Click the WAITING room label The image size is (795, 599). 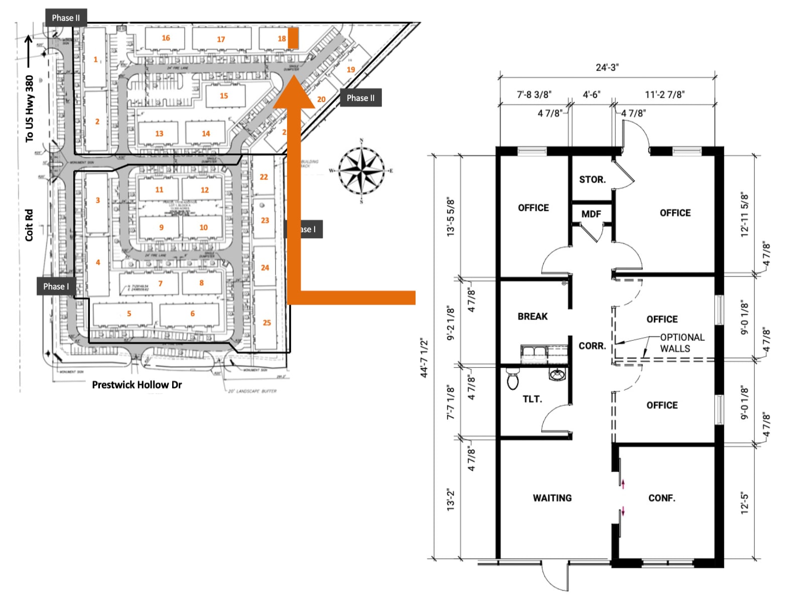click(552, 498)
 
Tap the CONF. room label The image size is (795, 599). click(661, 498)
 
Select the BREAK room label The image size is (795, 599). click(533, 316)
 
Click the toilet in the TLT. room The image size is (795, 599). click(512, 380)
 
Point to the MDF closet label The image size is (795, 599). click(591, 214)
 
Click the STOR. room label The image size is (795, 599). click(592, 179)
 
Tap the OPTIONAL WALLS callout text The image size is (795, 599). click(682, 343)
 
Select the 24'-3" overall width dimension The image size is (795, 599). click(607, 67)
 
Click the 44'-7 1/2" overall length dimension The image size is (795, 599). click(424, 358)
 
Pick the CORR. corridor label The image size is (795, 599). click(592, 346)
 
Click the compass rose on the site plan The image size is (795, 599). click(361, 171)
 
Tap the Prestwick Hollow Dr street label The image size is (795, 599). click(137, 385)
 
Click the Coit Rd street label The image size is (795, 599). click(29, 225)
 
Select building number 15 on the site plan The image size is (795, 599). click(224, 95)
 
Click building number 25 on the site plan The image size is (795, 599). click(267, 323)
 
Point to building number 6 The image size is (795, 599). click(192, 314)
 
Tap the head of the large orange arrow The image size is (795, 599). click(294, 90)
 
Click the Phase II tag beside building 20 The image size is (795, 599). click(360, 98)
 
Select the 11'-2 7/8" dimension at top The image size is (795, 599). click(665, 94)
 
